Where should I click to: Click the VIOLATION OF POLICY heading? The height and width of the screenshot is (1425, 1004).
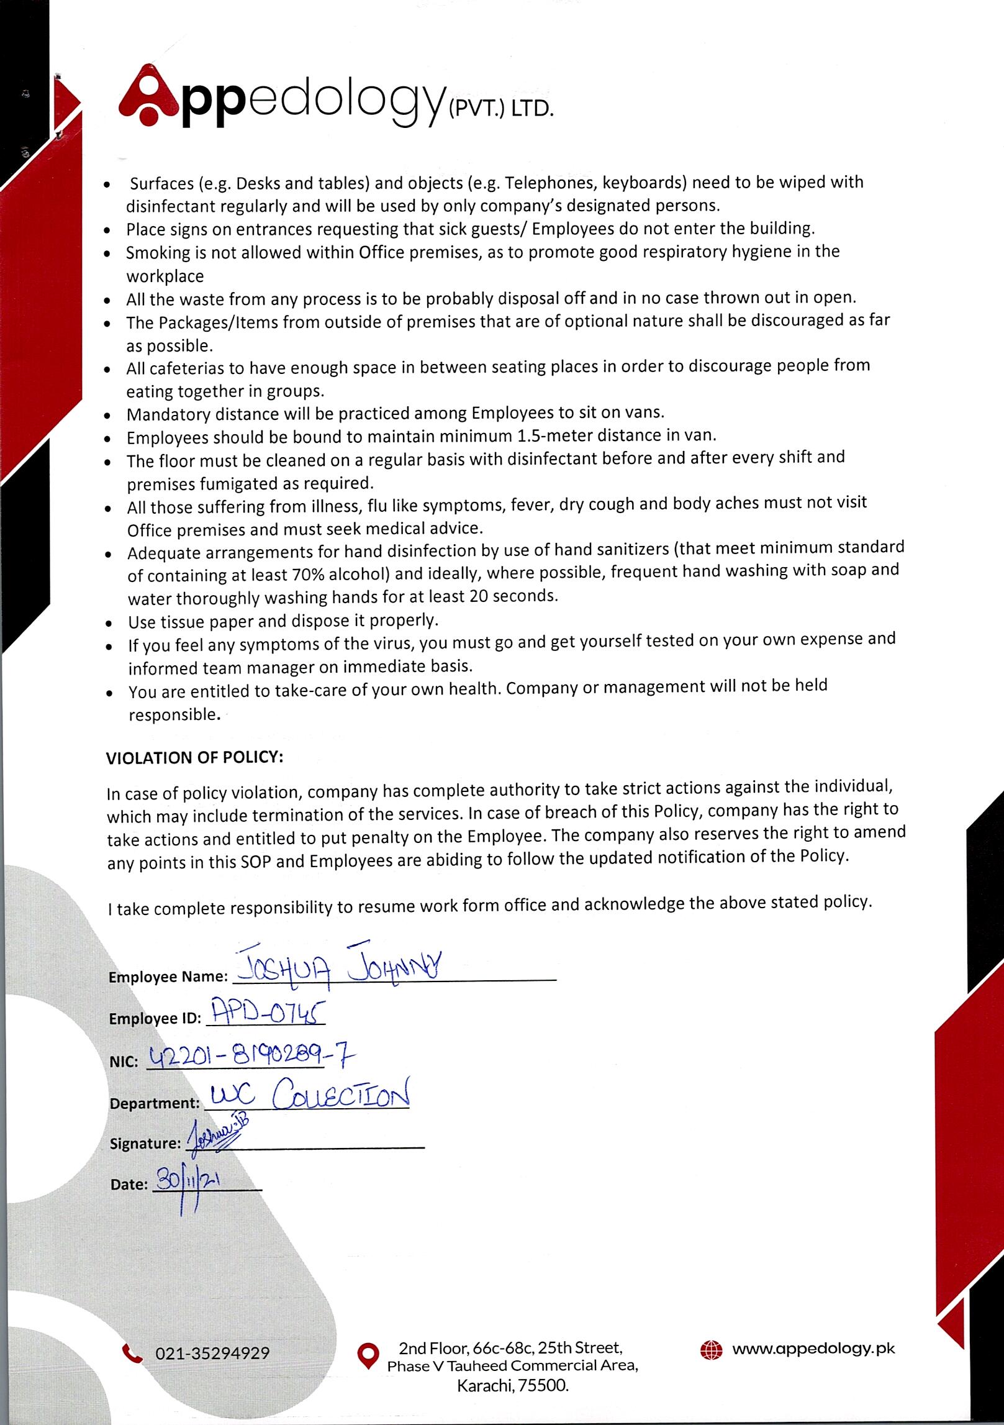point(194,758)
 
